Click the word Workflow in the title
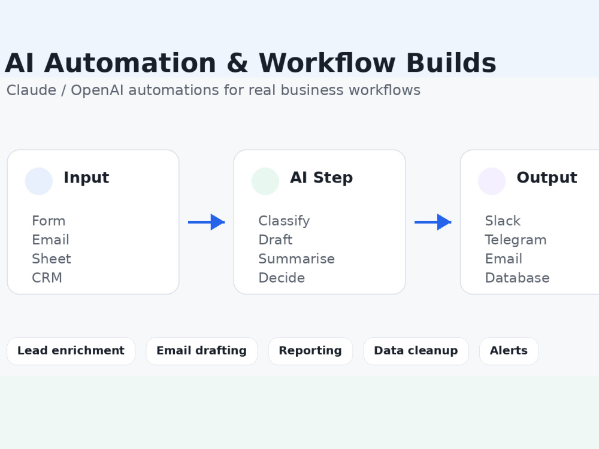coord(327,63)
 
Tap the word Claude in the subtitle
coord(31,90)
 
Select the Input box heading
coord(86,178)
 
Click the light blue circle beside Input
coord(38,181)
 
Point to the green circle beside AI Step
coord(265,181)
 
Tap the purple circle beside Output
coord(492,181)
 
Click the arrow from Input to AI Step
coord(206,222)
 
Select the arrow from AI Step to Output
coord(433,222)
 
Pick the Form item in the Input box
coord(49,221)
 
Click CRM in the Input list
coord(47,278)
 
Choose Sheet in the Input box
coord(52,259)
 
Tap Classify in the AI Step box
coord(284,221)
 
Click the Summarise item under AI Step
coord(297,259)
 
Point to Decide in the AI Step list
coord(282,278)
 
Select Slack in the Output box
coord(503,221)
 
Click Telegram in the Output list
coord(516,240)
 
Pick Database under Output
coord(518,278)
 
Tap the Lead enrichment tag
coord(71,351)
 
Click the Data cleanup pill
coord(416,351)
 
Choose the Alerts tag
coord(509,351)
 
